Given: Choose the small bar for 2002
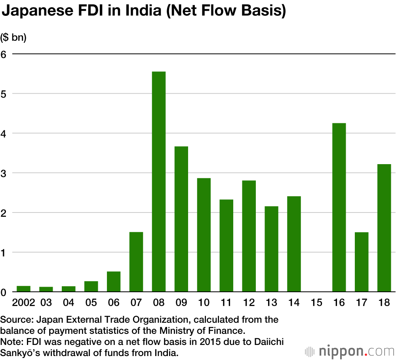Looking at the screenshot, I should point(23,289).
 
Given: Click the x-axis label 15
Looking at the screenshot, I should point(316,303).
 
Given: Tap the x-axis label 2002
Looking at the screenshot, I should point(23,303).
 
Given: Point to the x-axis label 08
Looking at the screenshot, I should point(159,303).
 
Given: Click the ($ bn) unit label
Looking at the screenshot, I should point(13,38).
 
